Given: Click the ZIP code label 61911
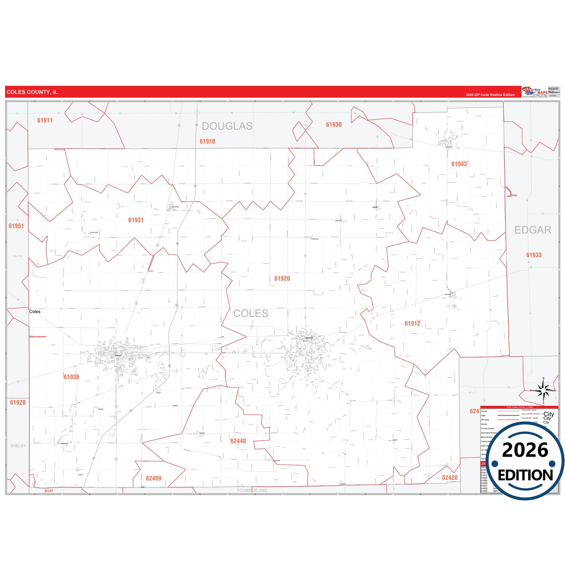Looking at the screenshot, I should click(x=45, y=120).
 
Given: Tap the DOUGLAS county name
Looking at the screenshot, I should click(x=227, y=126).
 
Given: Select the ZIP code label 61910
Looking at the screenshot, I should click(x=207, y=142).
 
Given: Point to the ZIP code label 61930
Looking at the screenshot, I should click(x=334, y=125).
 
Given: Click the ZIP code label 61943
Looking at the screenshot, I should click(x=459, y=164).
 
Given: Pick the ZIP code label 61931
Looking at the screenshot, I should click(x=136, y=220).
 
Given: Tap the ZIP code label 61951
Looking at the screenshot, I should click(x=16, y=226).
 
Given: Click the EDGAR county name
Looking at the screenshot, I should click(x=533, y=230).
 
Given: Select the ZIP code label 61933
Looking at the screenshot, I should click(x=534, y=255).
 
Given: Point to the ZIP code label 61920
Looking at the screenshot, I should click(x=282, y=279).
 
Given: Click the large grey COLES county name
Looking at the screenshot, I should click(x=251, y=313).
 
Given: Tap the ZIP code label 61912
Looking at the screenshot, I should click(x=412, y=324).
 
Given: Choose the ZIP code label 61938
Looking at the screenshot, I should click(x=72, y=377).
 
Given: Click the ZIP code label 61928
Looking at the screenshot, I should click(x=18, y=403).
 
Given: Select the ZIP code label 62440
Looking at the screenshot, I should click(x=238, y=441).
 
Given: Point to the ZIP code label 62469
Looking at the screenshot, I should click(x=153, y=479).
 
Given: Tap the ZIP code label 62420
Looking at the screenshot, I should click(x=450, y=478).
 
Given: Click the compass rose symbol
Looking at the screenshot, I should click(x=543, y=391).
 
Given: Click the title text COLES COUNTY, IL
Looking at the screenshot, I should click(x=32, y=92).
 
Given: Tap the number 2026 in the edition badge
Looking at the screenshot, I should click(x=525, y=450).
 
